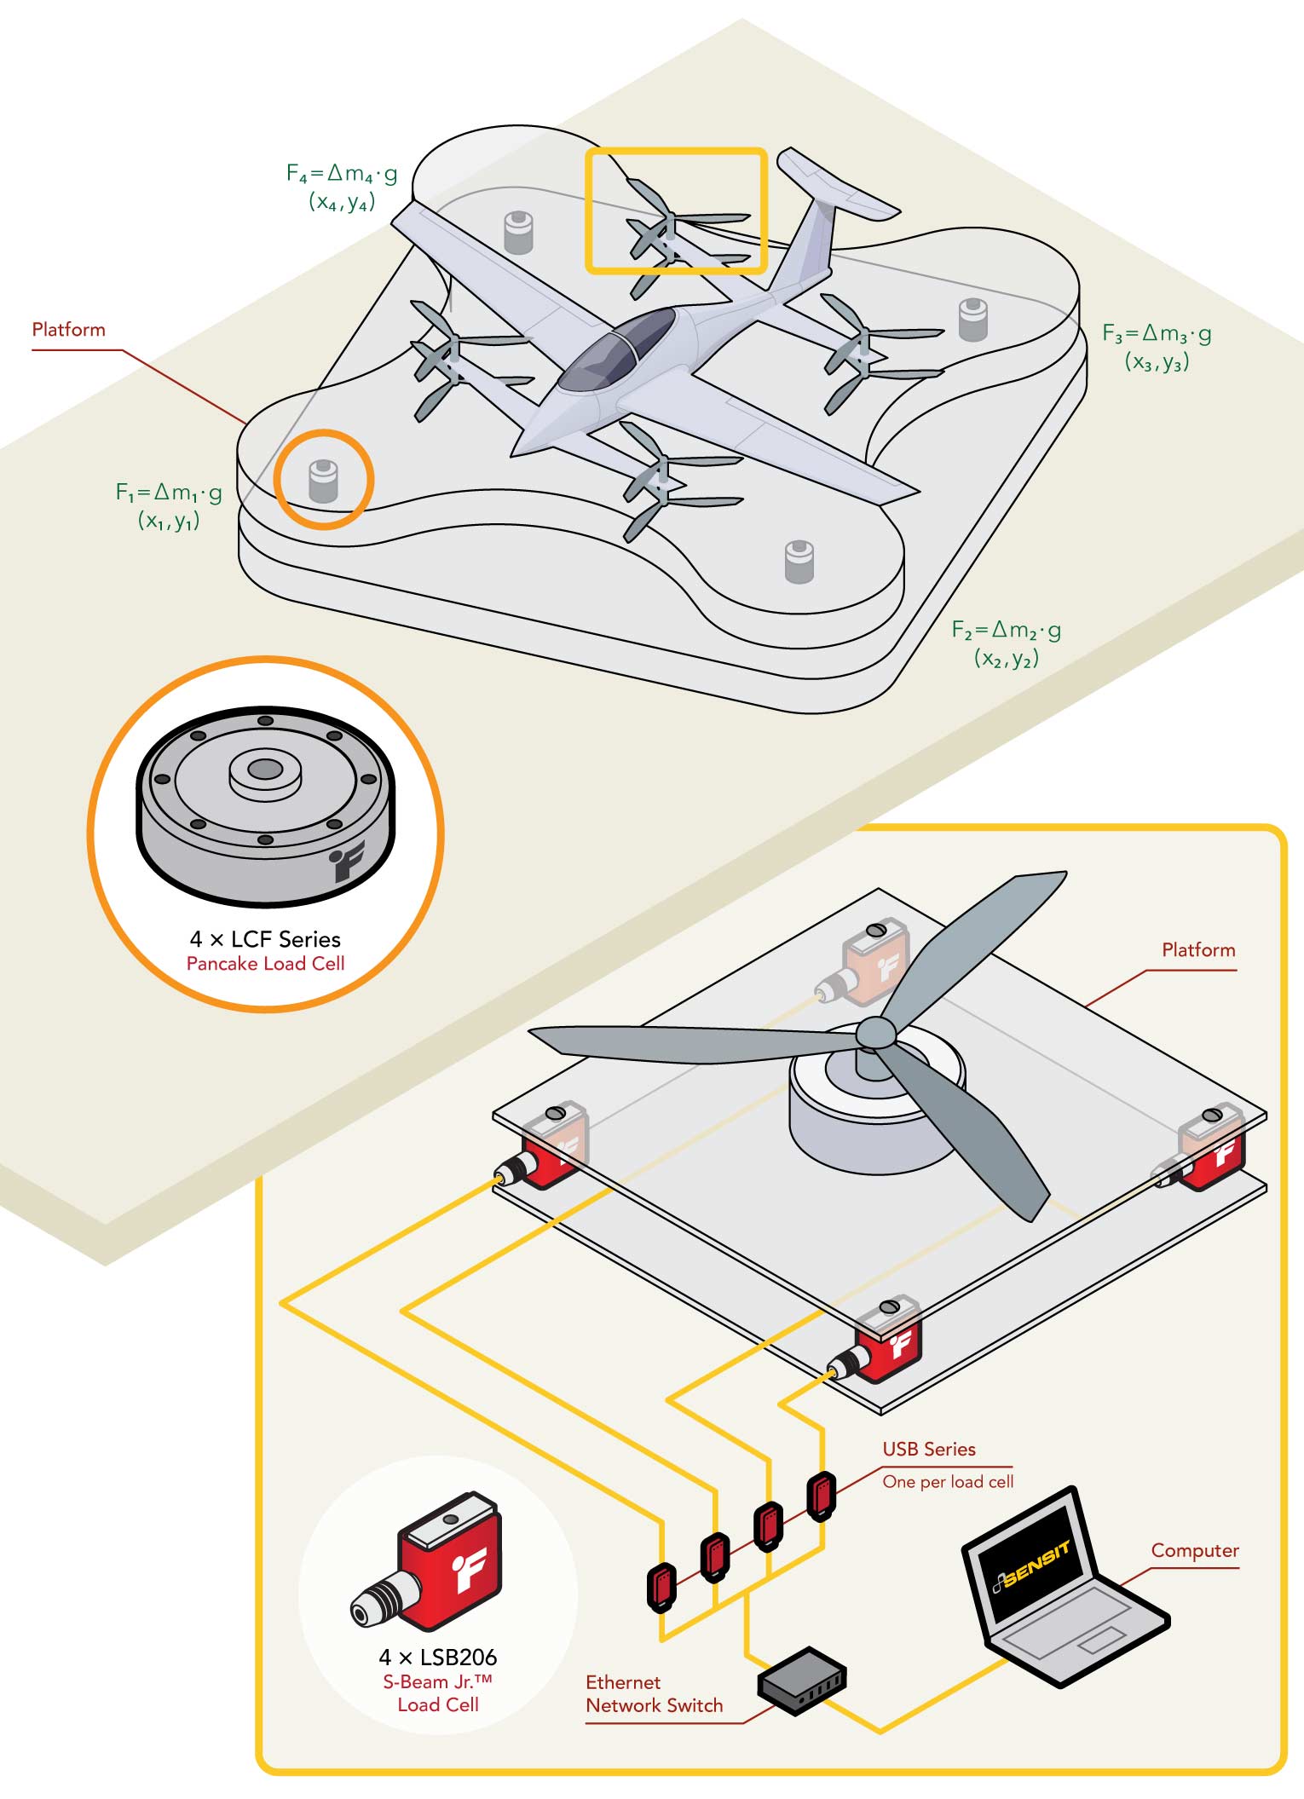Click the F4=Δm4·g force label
(x=341, y=174)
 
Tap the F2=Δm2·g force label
(x=1006, y=631)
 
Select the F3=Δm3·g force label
(x=1156, y=333)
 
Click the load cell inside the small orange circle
(x=323, y=481)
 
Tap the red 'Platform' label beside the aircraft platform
(x=68, y=330)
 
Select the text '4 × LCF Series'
(x=265, y=939)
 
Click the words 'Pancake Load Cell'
(x=265, y=964)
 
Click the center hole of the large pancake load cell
(x=265, y=770)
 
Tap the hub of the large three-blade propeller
(x=875, y=1034)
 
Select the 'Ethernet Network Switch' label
(x=653, y=1693)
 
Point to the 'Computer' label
(x=1194, y=1550)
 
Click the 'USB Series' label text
(x=928, y=1449)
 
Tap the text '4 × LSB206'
(x=437, y=1657)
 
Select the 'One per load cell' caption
(x=948, y=1481)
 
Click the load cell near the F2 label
(x=799, y=562)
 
